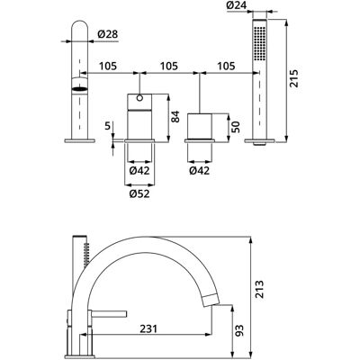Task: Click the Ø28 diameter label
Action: tap(108, 34)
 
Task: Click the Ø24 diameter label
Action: tap(236, 5)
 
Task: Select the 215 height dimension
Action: tap(293, 78)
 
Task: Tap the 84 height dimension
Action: tap(175, 116)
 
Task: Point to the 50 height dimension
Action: tap(236, 127)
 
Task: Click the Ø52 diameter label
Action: tap(139, 194)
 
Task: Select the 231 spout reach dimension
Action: tap(148, 328)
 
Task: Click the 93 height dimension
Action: tap(239, 330)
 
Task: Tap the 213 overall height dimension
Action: tap(259, 289)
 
